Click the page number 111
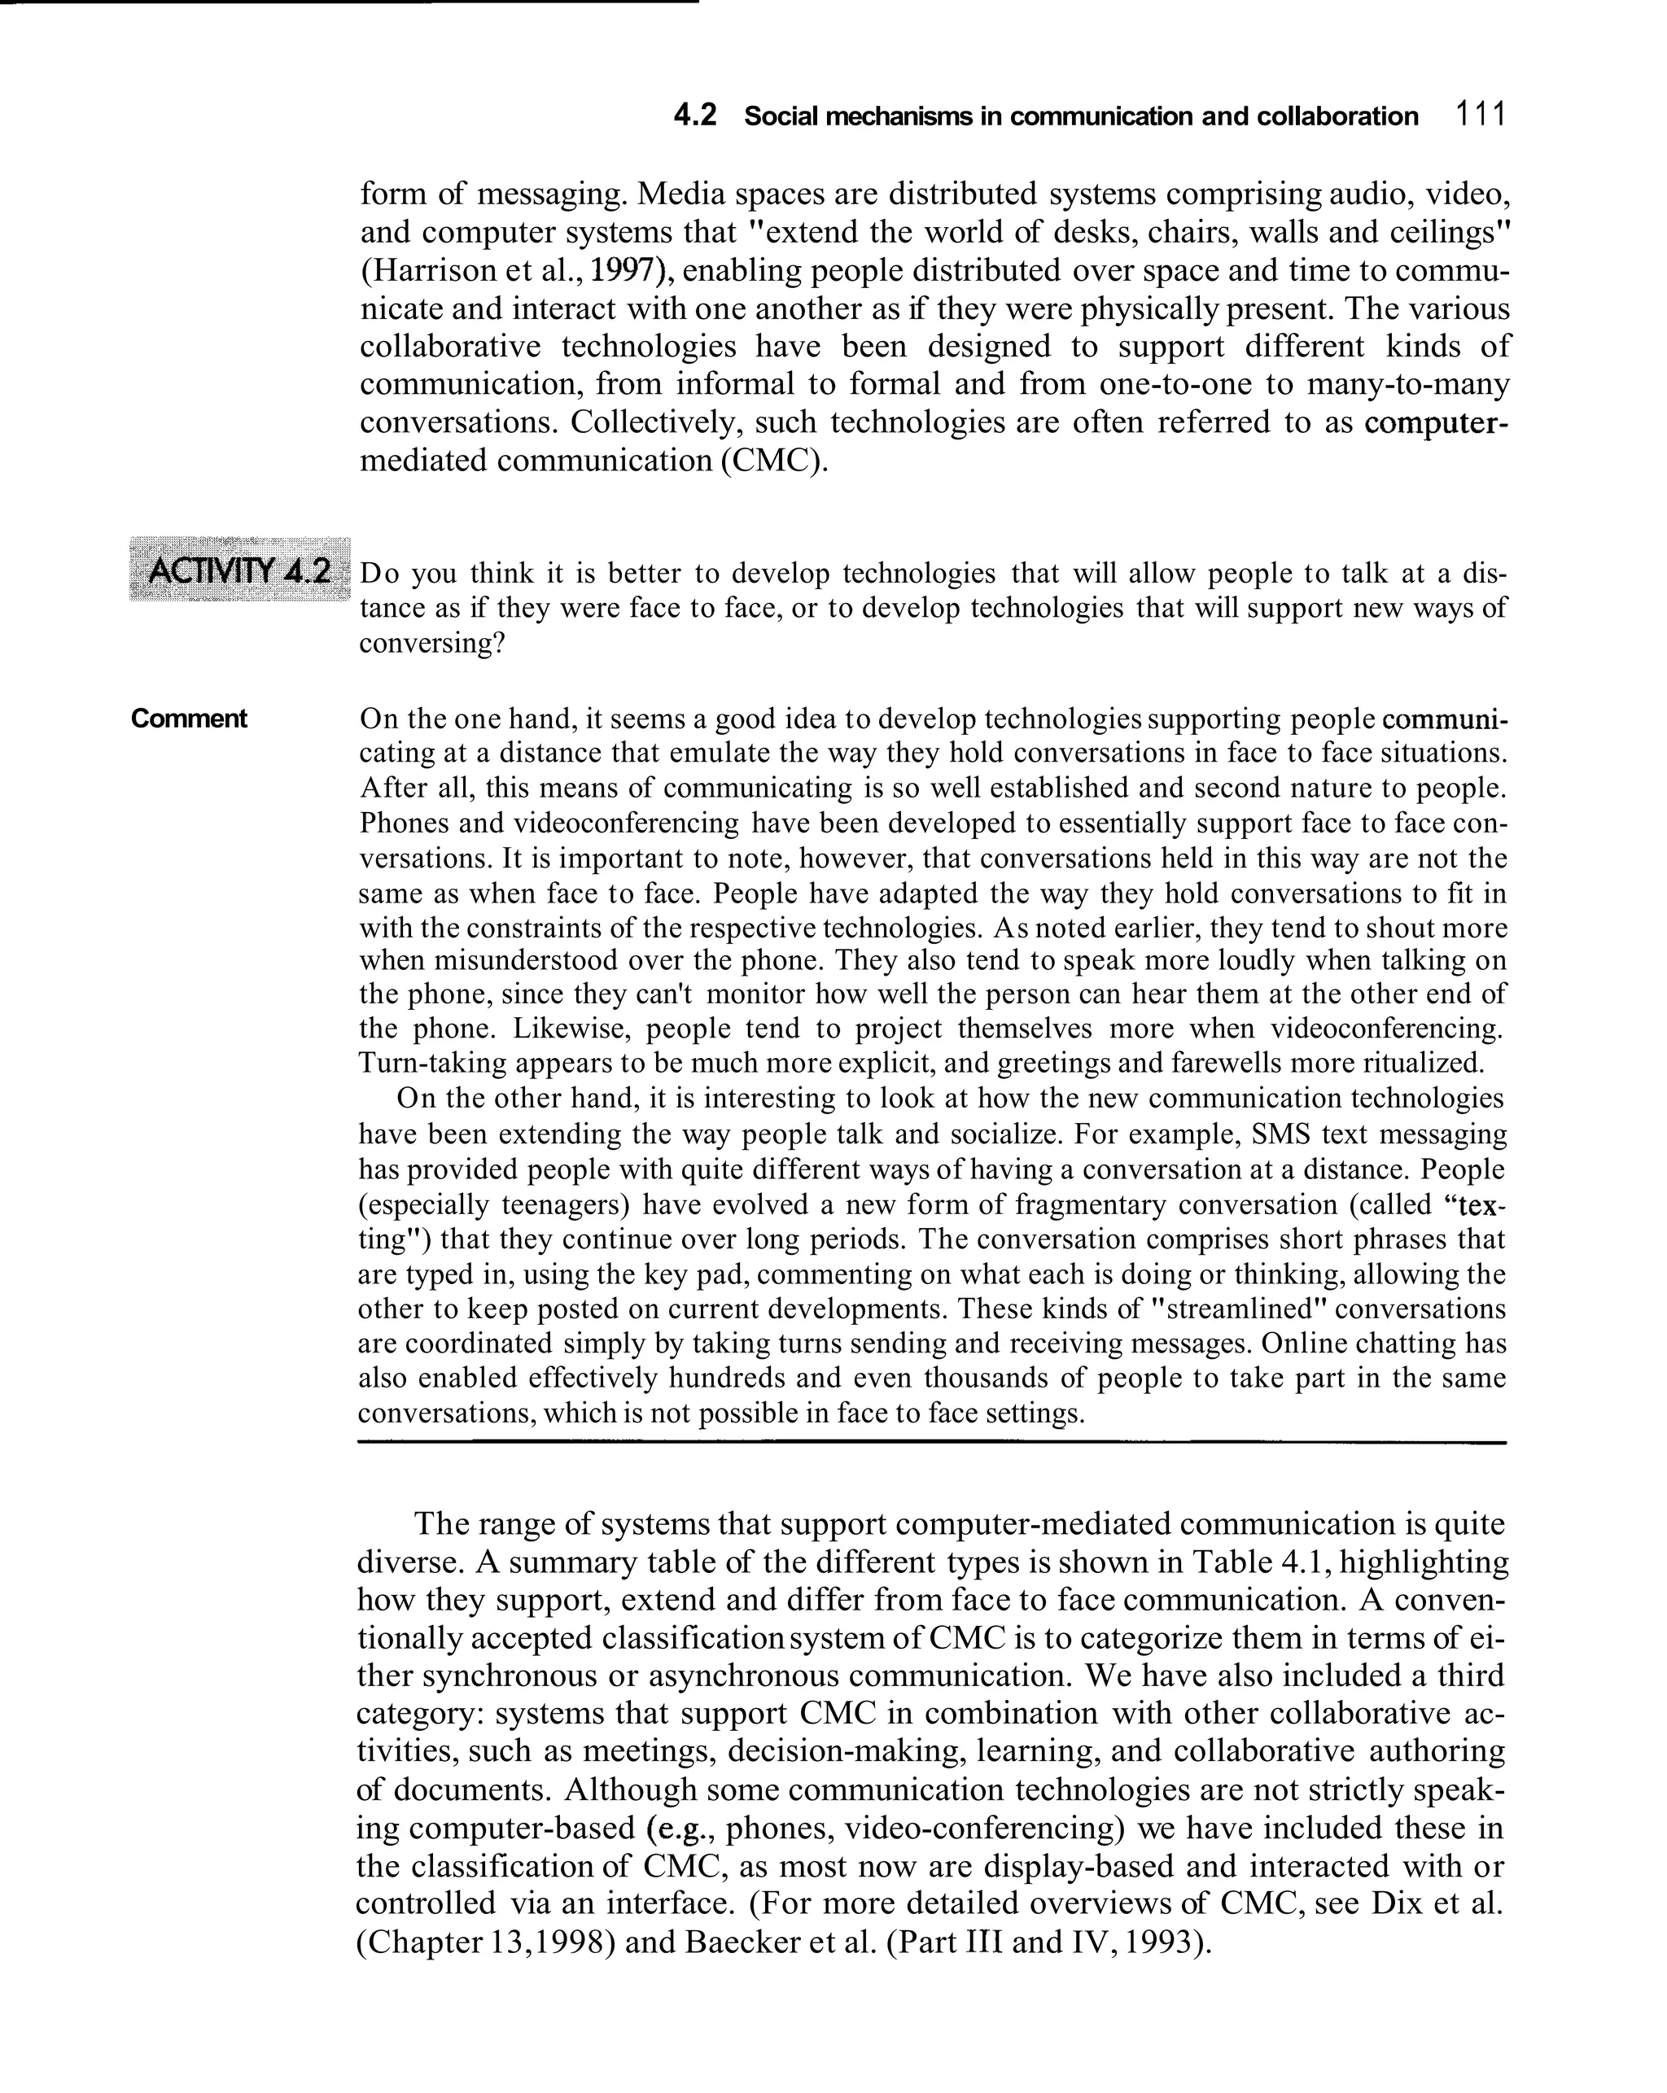(1480, 115)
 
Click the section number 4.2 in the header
(694, 116)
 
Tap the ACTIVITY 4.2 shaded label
(238, 570)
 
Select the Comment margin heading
(190, 719)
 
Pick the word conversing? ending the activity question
(432, 643)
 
